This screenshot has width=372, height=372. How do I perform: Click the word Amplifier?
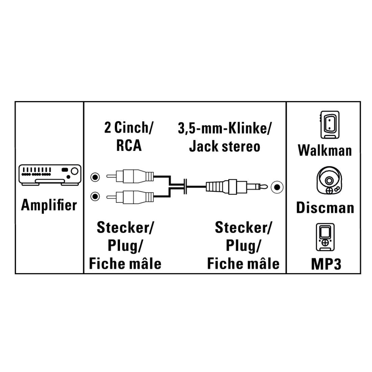[x=49, y=205]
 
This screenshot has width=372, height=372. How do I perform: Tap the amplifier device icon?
[x=49, y=175]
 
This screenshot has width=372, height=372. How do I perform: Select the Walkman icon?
[x=328, y=125]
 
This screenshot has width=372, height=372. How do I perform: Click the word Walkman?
[x=325, y=150]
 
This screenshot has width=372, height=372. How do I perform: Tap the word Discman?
[x=325, y=207]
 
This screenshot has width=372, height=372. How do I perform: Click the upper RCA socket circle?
[x=96, y=177]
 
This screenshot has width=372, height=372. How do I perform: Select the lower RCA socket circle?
[x=96, y=196]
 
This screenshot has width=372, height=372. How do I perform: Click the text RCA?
[x=129, y=146]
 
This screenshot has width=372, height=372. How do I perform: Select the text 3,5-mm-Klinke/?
[x=225, y=129]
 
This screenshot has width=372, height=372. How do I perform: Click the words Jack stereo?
[x=225, y=146]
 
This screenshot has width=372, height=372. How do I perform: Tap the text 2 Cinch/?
[x=129, y=128]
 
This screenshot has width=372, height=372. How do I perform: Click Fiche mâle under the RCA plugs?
[x=125, y=264]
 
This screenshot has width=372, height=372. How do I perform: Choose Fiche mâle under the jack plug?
[x=243, y=264]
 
